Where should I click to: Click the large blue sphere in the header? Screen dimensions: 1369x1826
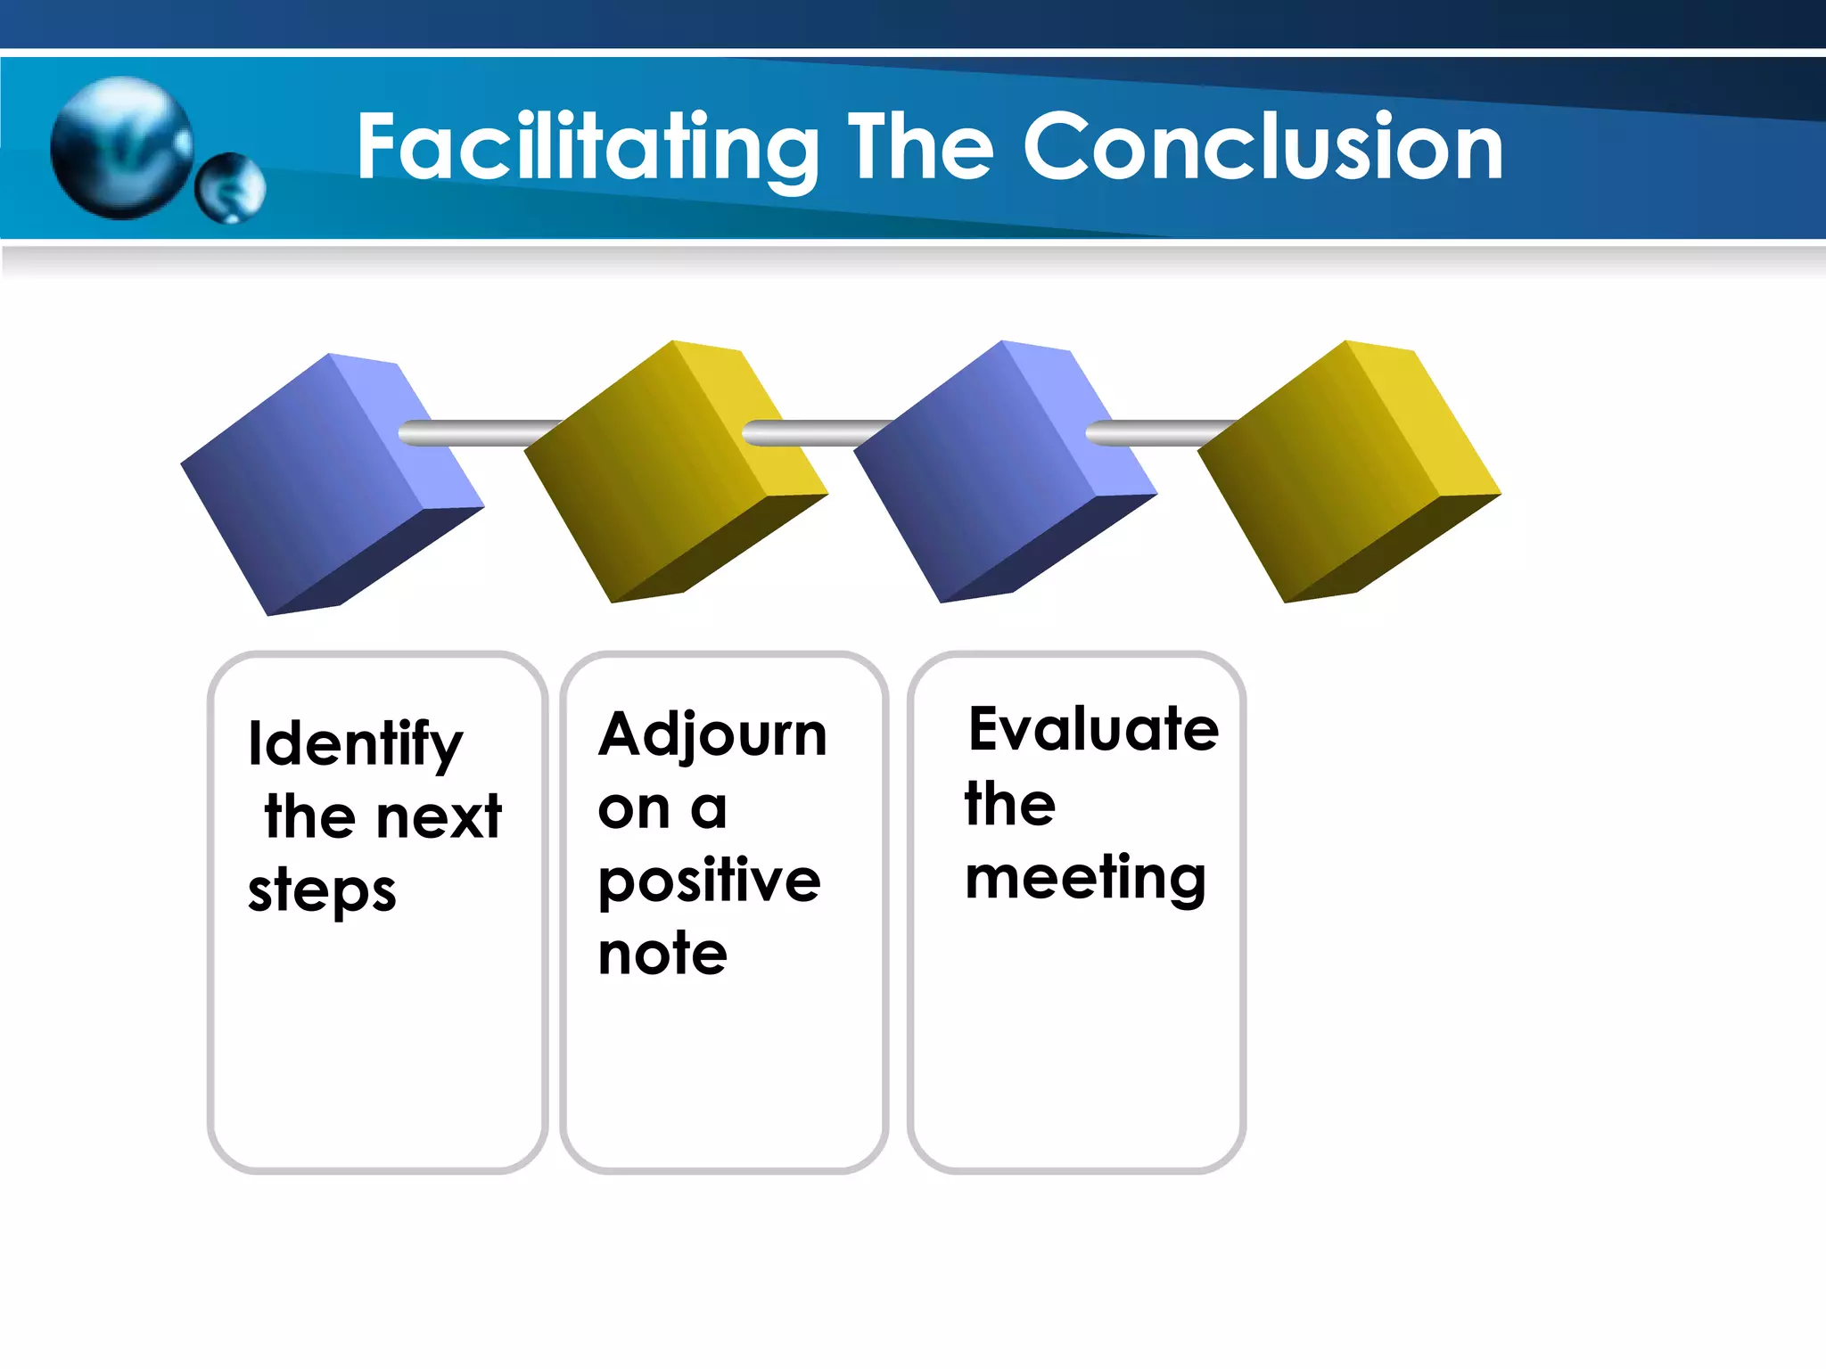tap(122, 148)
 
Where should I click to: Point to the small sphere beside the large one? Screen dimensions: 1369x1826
tap(230, 187)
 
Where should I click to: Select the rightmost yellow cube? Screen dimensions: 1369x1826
tap(1348, 472)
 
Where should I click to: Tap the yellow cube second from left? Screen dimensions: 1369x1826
tap(675, 472)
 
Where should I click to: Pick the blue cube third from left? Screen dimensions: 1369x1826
tap(1005, 472)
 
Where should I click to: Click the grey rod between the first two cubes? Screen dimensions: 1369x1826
tap(481, 433)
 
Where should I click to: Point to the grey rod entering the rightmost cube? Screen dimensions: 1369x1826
tap(1159, 433)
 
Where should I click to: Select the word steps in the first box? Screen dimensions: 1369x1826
tap(322, 891)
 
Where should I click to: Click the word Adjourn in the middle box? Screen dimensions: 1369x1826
tap(712, 736)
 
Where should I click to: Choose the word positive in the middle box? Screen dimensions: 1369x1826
tap(709, 882)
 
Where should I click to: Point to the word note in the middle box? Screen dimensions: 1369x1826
tap(662, 955)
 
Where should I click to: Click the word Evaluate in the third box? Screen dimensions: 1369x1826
tap(1093, 729)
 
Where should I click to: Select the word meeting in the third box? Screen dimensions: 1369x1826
tap(1085, 879)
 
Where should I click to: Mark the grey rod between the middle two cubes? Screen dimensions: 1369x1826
tap(816, 433)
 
